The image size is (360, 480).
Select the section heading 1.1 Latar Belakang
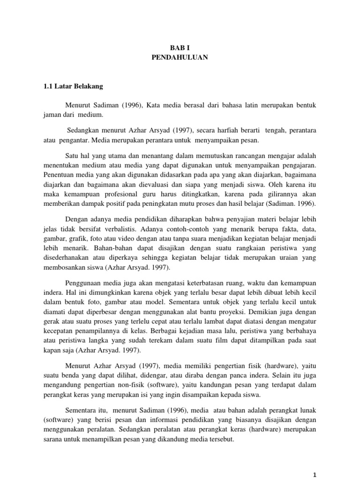(73, 87)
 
